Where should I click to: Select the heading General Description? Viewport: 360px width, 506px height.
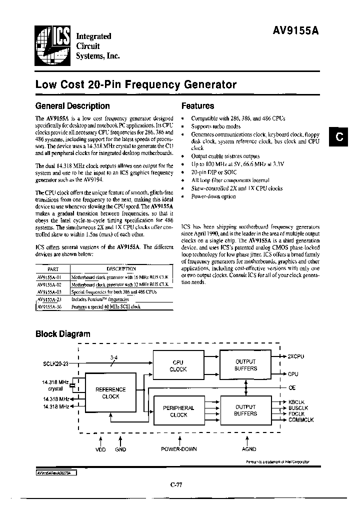(72, 106)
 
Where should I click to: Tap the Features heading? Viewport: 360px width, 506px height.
(197, 106)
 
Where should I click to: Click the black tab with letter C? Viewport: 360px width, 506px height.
(338, 137)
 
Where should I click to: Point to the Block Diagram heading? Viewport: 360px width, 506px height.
(62, 334)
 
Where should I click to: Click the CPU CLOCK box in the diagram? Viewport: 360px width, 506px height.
(178, 365)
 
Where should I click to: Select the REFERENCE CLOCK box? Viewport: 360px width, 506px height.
(110, 393)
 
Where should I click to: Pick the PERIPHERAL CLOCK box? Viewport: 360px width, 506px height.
(178, 411)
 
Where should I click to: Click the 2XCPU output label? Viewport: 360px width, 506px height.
(295, 356)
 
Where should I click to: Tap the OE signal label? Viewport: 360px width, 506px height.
(291, 387)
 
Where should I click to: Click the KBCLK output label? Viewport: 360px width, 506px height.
(297, 401)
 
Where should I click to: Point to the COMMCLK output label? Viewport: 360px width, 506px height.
(300, 420)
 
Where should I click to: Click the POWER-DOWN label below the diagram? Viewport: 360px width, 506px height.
(178, 449)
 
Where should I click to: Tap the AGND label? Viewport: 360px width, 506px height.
(249, 449)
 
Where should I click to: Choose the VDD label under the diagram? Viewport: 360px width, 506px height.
(100, 449)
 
